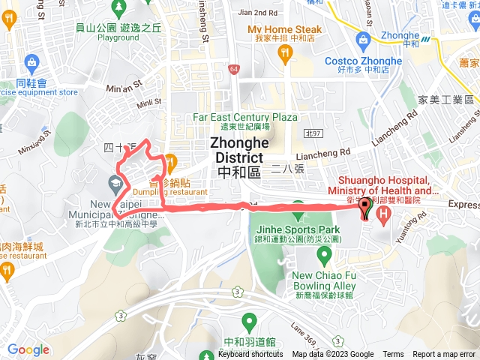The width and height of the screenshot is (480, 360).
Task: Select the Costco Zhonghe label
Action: coord(363,61)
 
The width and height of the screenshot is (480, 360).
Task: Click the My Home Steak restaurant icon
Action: coord(284,52)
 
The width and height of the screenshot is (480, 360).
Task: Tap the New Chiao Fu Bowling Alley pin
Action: coord(324,255)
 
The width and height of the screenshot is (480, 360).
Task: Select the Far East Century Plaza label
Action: coord(245,117)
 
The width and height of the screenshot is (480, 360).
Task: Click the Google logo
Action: coord(28,349)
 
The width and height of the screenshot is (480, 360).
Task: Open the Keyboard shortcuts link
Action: coord(250,354)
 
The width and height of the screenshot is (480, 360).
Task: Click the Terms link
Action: coord(393,354)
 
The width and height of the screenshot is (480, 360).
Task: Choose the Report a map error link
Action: coord(444,354)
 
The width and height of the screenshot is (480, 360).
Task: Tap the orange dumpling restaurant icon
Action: coord(170,160)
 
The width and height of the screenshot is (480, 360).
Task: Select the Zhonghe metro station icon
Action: coord(426,39)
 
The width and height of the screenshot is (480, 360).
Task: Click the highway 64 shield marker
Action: coord(234,69)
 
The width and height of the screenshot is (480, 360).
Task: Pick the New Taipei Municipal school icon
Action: coord(116,182)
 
